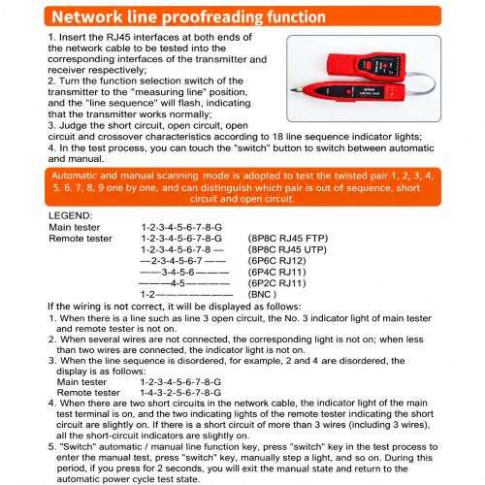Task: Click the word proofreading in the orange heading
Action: pos(211,17)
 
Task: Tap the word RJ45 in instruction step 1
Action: pos(118,37)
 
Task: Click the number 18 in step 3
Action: pos(277,137)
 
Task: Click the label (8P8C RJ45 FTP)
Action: pos(288,239)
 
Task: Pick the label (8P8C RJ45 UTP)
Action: pos(287,250)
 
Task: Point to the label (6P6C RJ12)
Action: pos(276,261)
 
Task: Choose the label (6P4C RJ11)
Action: pos(276,273)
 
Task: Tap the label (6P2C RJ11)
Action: pos(276,283)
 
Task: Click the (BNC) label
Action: pos(262,295)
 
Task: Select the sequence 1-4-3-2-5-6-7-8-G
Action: pos(180,393)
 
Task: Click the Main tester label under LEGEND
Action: pos(75,227)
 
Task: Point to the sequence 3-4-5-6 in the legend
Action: pos(178,273)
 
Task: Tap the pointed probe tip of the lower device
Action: pos(292,90)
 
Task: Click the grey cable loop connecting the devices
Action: pos(426,84)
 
